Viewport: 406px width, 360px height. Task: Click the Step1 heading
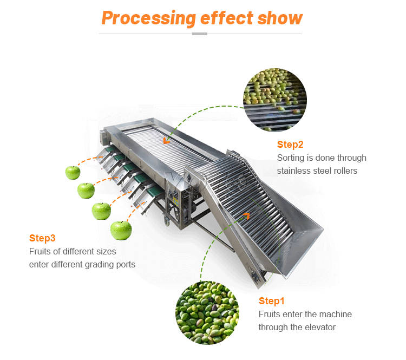pyautogui.click(x=271, y=301)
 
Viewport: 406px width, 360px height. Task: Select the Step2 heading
pyautogui.click(x=290, y=145)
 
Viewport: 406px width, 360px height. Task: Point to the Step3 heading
pyautogui.click(x=42, y=238)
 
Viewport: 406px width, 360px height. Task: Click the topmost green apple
pyautogui.click(x=73, y=172)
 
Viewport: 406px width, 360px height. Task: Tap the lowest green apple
pyautogui.click(x=121, y=230)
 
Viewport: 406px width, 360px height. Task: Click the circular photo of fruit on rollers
pyautogui.click(x=275, y=100)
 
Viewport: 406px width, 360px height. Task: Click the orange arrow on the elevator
pyautogui.click(x=246, y=217)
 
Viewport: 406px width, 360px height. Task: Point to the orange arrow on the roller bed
pyautogui.click(x=166, y=140)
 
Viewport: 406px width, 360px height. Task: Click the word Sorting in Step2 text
pyautogui.click(x=291, y=158)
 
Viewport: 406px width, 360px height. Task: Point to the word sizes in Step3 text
pyautogui.click(x=105, y=252)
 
